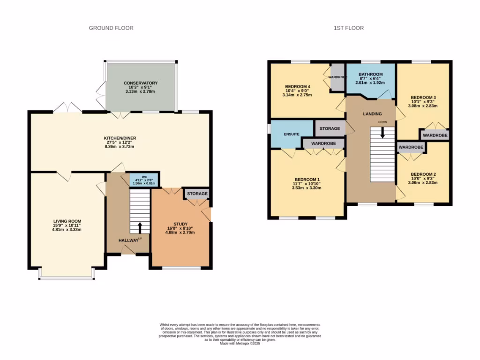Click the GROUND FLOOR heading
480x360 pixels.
(x=111, y=28)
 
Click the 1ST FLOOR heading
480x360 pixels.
(x=348, y=28)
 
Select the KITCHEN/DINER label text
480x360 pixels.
(x=120, y=138)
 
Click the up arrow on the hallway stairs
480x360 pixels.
(x=139, y=228)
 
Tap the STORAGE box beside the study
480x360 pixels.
(x=197, y=194)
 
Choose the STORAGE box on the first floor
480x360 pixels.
(x=330, y=128)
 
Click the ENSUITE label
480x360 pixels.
(x=291, y=135)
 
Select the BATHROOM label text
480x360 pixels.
(x=370, y=75)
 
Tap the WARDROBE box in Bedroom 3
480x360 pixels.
(x=435, y=135)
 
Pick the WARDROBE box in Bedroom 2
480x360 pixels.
(x=411, y=147)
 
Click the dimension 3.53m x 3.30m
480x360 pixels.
(x=307, y=188)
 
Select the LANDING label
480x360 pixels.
(x=372, y=114)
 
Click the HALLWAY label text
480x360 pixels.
(x=128, y=240)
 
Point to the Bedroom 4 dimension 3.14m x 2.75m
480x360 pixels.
(x=297, y=95)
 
